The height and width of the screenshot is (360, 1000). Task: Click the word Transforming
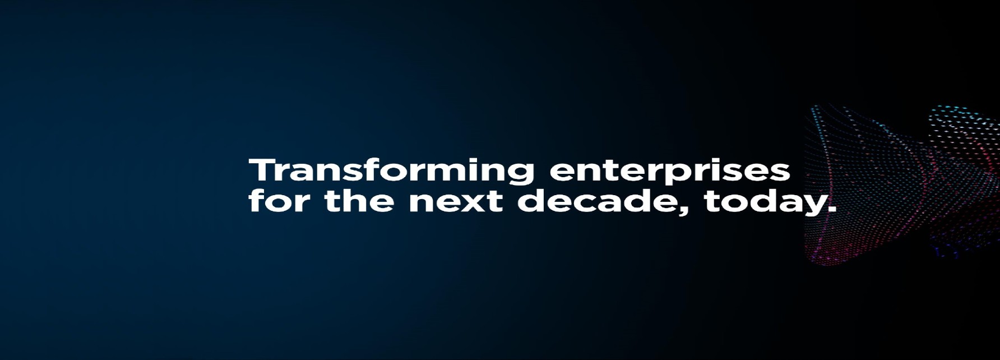[391, 170]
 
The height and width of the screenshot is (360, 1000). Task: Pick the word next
[455, 202]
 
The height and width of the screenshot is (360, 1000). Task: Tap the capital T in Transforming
[261, 170]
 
